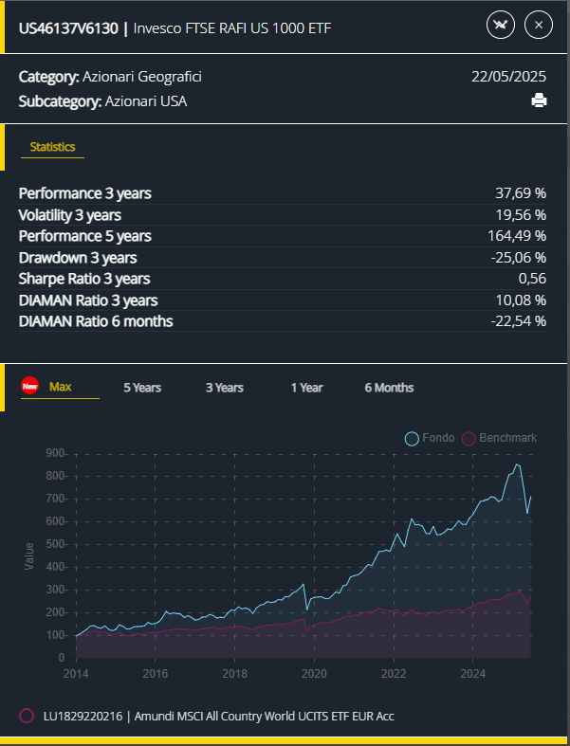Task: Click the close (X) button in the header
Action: coord(538,25)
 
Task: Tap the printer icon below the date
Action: coord(539,101)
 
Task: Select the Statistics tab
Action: coord(52,147)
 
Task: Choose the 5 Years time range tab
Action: coord(142,388)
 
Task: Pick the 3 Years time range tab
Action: coord(225,388)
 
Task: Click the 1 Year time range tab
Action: coord(306,388)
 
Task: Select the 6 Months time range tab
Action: coord(389,388)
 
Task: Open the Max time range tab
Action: coord(60,387)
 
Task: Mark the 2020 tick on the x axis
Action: coord(313,674)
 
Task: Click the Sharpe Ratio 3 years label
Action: coord(84,279)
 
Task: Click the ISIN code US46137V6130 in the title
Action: coord(68,27)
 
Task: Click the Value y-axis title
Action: coord(28,555)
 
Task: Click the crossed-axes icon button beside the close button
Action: coord(500,25)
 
